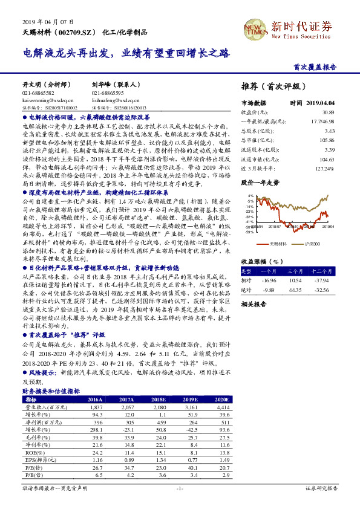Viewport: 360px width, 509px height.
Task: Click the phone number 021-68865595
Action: click(x=108, y=94)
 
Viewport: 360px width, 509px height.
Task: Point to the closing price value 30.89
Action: click(x=328, y=112)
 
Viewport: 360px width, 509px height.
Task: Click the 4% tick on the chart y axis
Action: click(x=250, y=196)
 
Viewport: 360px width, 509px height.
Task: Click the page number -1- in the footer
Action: click(x=180, y=488)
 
